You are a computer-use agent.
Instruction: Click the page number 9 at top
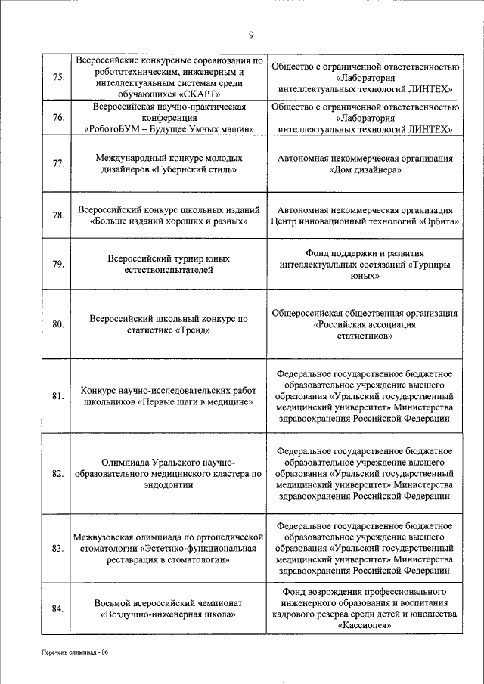click(251, 33)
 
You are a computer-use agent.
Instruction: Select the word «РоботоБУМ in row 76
click(112, 129)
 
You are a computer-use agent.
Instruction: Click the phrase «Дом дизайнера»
click(365, 171)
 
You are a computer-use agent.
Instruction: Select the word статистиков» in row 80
click(365, 336)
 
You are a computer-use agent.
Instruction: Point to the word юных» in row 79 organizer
click(365, 277)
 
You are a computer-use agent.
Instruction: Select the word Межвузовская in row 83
click(104, 536)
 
